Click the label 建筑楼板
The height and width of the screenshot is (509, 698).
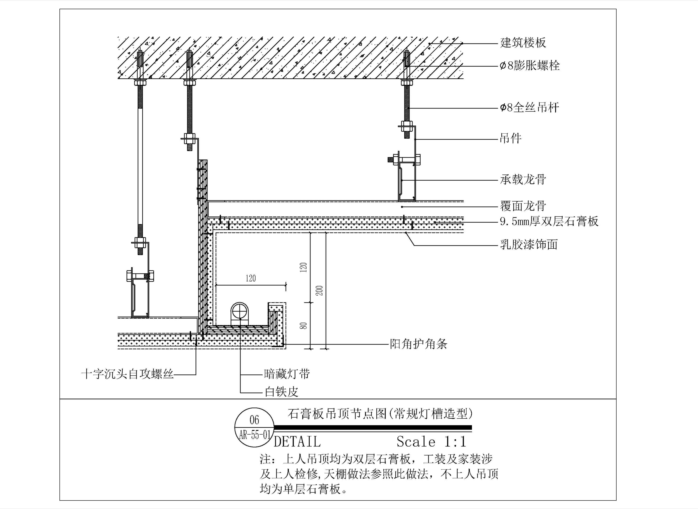pos(523,42)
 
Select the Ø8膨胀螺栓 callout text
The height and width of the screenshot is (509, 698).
pos(530,66)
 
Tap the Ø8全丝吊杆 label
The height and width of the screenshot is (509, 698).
pos(529,107)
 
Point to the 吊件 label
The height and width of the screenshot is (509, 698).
pos(511,138)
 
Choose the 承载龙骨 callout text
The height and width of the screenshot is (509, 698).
pos(523,179)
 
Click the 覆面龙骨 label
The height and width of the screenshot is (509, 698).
pos(523,206)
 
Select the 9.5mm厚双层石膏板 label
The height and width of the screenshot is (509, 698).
pos(549,221)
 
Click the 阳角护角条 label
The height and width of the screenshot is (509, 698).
pos(418,344)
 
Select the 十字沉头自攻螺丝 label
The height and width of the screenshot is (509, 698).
pos(127,374)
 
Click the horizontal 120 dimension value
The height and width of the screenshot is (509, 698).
pos(251,278)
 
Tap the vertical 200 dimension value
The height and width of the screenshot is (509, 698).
pos(320,291)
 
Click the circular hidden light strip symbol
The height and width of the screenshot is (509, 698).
pos(239,312)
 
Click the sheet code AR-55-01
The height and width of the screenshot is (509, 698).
pos(254,435)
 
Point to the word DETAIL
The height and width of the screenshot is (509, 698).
pos(297,442)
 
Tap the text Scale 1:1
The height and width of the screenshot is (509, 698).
pos(431,442)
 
